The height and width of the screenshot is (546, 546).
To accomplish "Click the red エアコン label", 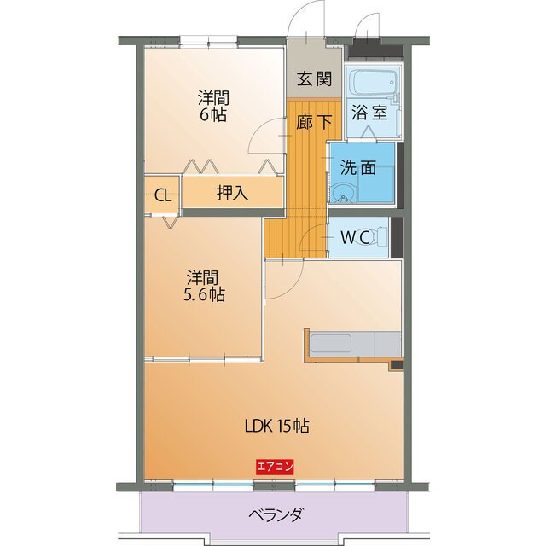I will (275, 466).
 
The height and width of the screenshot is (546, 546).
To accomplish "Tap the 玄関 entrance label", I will (314, 79).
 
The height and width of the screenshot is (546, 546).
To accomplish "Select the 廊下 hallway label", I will (314, 121).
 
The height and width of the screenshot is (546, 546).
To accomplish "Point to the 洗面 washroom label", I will (358, 167).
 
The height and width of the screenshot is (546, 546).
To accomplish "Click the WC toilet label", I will (356, 238).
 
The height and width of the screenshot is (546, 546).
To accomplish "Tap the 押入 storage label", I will (231, 193).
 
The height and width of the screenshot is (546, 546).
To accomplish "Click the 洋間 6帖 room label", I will (214, 106).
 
